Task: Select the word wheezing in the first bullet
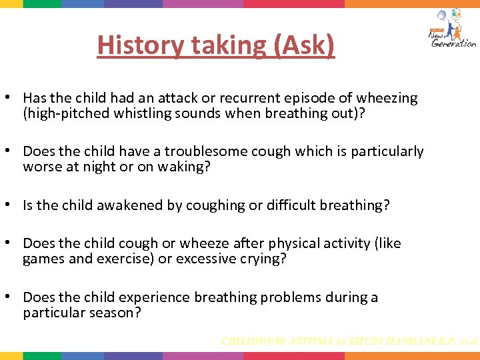389,98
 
